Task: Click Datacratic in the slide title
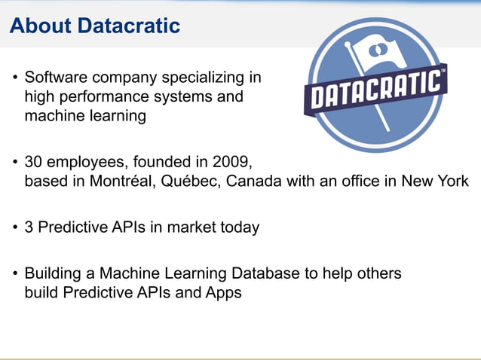tap(129, 26)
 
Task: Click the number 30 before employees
tap(34, 162)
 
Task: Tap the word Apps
tap(223, 293)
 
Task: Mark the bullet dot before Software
tap(15, 78)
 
